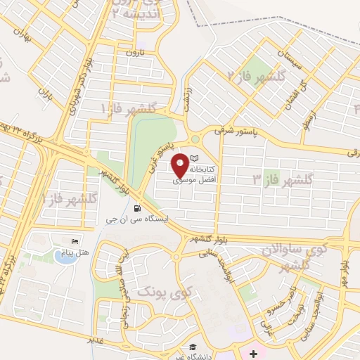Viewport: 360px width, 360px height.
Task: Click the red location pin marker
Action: pyautogui.click(x=181, y=165)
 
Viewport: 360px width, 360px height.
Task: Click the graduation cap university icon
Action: pyautogui.click(x=191, y=347)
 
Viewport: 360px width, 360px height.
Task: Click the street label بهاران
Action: pyautogui.click(x=27, y=37)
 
